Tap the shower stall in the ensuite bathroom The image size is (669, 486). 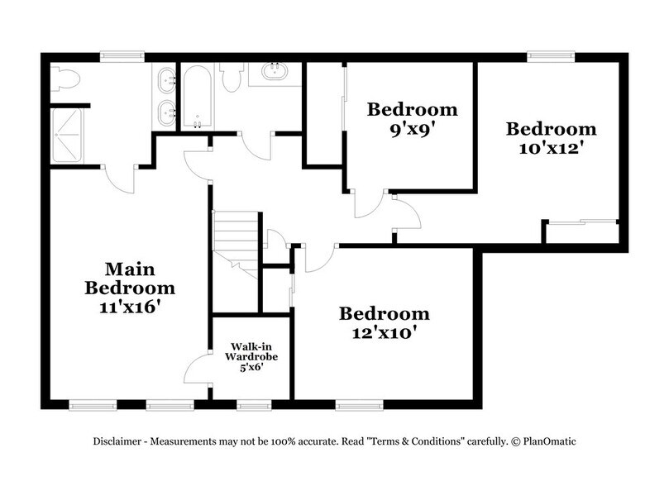pyautogui.click(x=69, y=136)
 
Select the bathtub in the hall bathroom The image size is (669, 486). pyautogui.click(x=197, y=98)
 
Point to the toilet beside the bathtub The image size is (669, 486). pyautogui.click(x=232, y=76)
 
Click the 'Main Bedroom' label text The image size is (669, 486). pyautogui.click(x=130, y=279)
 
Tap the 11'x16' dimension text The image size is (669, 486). pyautogui.click(x=130, y=307)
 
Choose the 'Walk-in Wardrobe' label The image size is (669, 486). pyautogui.click(x=251, y=352)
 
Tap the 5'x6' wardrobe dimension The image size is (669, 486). pyautogui.click(x=251, y=367)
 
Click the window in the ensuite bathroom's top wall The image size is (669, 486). pyautogui.click(x=119, y=56)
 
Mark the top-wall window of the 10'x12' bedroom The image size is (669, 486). pyautogui.click(x=551, y=56)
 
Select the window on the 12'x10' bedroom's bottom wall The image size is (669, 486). pyautogui.click(x=359, y=406)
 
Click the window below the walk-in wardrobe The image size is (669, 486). pyautogui.click(x=253, y=406)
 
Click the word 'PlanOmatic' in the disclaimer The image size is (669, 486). pyautogui.click(x=547, y=441)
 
